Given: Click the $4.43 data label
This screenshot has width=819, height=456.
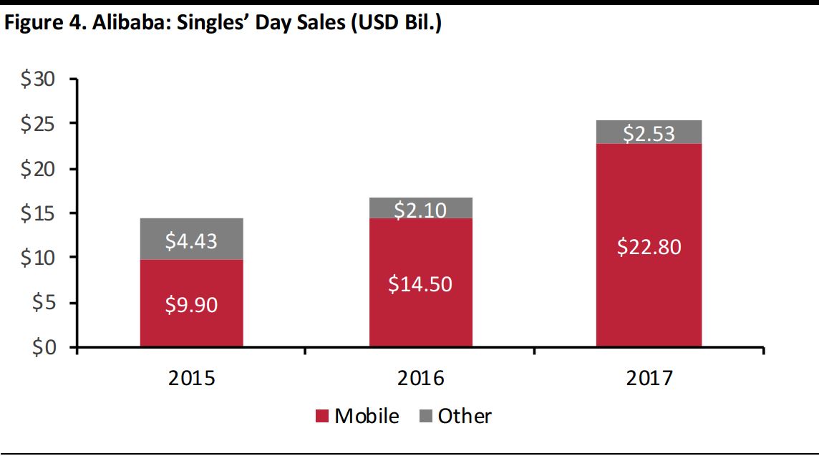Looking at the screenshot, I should click(192, 241).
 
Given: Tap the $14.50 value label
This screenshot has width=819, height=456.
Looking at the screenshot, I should click(420, 283).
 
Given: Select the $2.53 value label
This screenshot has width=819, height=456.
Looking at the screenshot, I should click(649, 133).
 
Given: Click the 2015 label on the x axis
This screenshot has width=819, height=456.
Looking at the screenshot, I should click(191, 377).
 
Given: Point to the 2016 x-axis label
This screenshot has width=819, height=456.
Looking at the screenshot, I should click(420, 377).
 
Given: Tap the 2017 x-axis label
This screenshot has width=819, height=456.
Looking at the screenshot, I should click(649, 377).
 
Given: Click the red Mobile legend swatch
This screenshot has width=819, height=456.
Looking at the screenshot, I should click(321, 416).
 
